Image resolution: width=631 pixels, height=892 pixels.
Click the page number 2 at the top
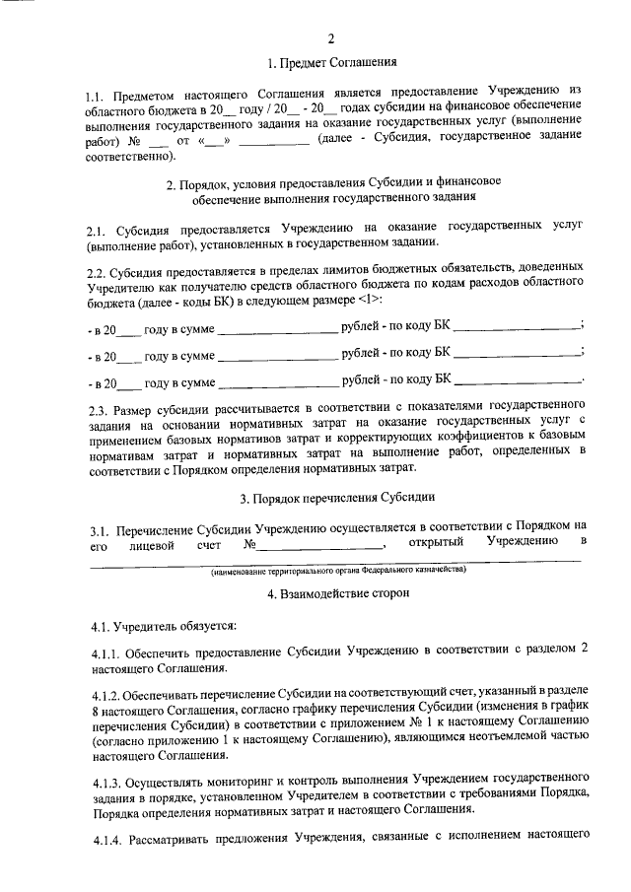[x=331, y=38]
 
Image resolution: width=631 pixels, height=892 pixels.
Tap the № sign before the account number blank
[x=248, y=543]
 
